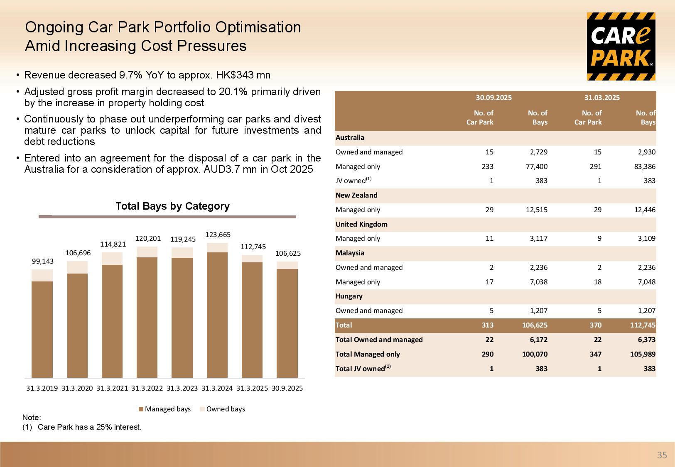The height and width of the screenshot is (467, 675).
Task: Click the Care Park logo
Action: pyautogui.click(x=621, y=46)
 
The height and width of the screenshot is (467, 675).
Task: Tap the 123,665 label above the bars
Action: pyautogui.click(x=218, y=235)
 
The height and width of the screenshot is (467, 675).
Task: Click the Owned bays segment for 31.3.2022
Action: pyautogui.click(x=147, y=252)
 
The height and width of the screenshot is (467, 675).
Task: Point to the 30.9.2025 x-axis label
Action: pyautogui.click(x=287, y=389)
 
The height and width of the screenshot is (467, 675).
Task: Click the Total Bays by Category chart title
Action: pyautogui.click(x=172, y=206)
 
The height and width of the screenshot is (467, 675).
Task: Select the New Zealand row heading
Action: pyautogui.click(x=356, y=195)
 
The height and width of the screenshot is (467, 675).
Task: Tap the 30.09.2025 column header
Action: pyautogui.click(x=493, y=98)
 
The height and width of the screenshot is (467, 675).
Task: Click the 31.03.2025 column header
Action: pyautogui.click(x=602, y=98)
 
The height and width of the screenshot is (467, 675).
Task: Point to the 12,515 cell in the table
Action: pyautogui.click(x=536, y=210)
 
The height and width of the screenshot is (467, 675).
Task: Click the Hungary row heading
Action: pyautogui.click(x=349, y=296)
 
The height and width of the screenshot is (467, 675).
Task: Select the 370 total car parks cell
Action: pyautogui.click(x=595, y=325)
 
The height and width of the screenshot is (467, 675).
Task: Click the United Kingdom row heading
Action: pyautogui.click(x=361, y=224)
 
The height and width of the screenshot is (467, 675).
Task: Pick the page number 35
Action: pyautogui.click(x=662, y=455)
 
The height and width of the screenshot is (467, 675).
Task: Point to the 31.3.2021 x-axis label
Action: pyautogui.click(x=112, y=389)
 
